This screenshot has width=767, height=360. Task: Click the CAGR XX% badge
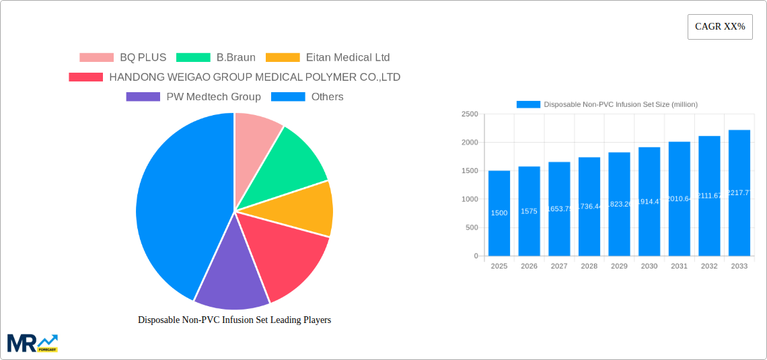(x=719, y=27)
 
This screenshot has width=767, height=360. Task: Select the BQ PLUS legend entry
(x=123, y=58)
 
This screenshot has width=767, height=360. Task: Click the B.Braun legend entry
(x=216, y=58)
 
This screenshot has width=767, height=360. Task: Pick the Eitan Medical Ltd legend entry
(x=328, y=58)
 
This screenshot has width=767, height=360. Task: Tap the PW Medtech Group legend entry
(x=194, y=97)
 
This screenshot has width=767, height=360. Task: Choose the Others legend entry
(x=307, y=97)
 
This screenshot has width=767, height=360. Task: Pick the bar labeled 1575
(x=529, y=211)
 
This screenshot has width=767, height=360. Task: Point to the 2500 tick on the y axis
(x=470, y=114)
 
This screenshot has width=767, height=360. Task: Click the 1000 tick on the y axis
(x=470, y=199)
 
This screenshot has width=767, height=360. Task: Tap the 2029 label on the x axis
(x=619, y=266)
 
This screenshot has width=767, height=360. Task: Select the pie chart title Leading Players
(x=234, y=320)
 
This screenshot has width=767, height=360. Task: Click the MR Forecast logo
(x=32, y=343)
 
